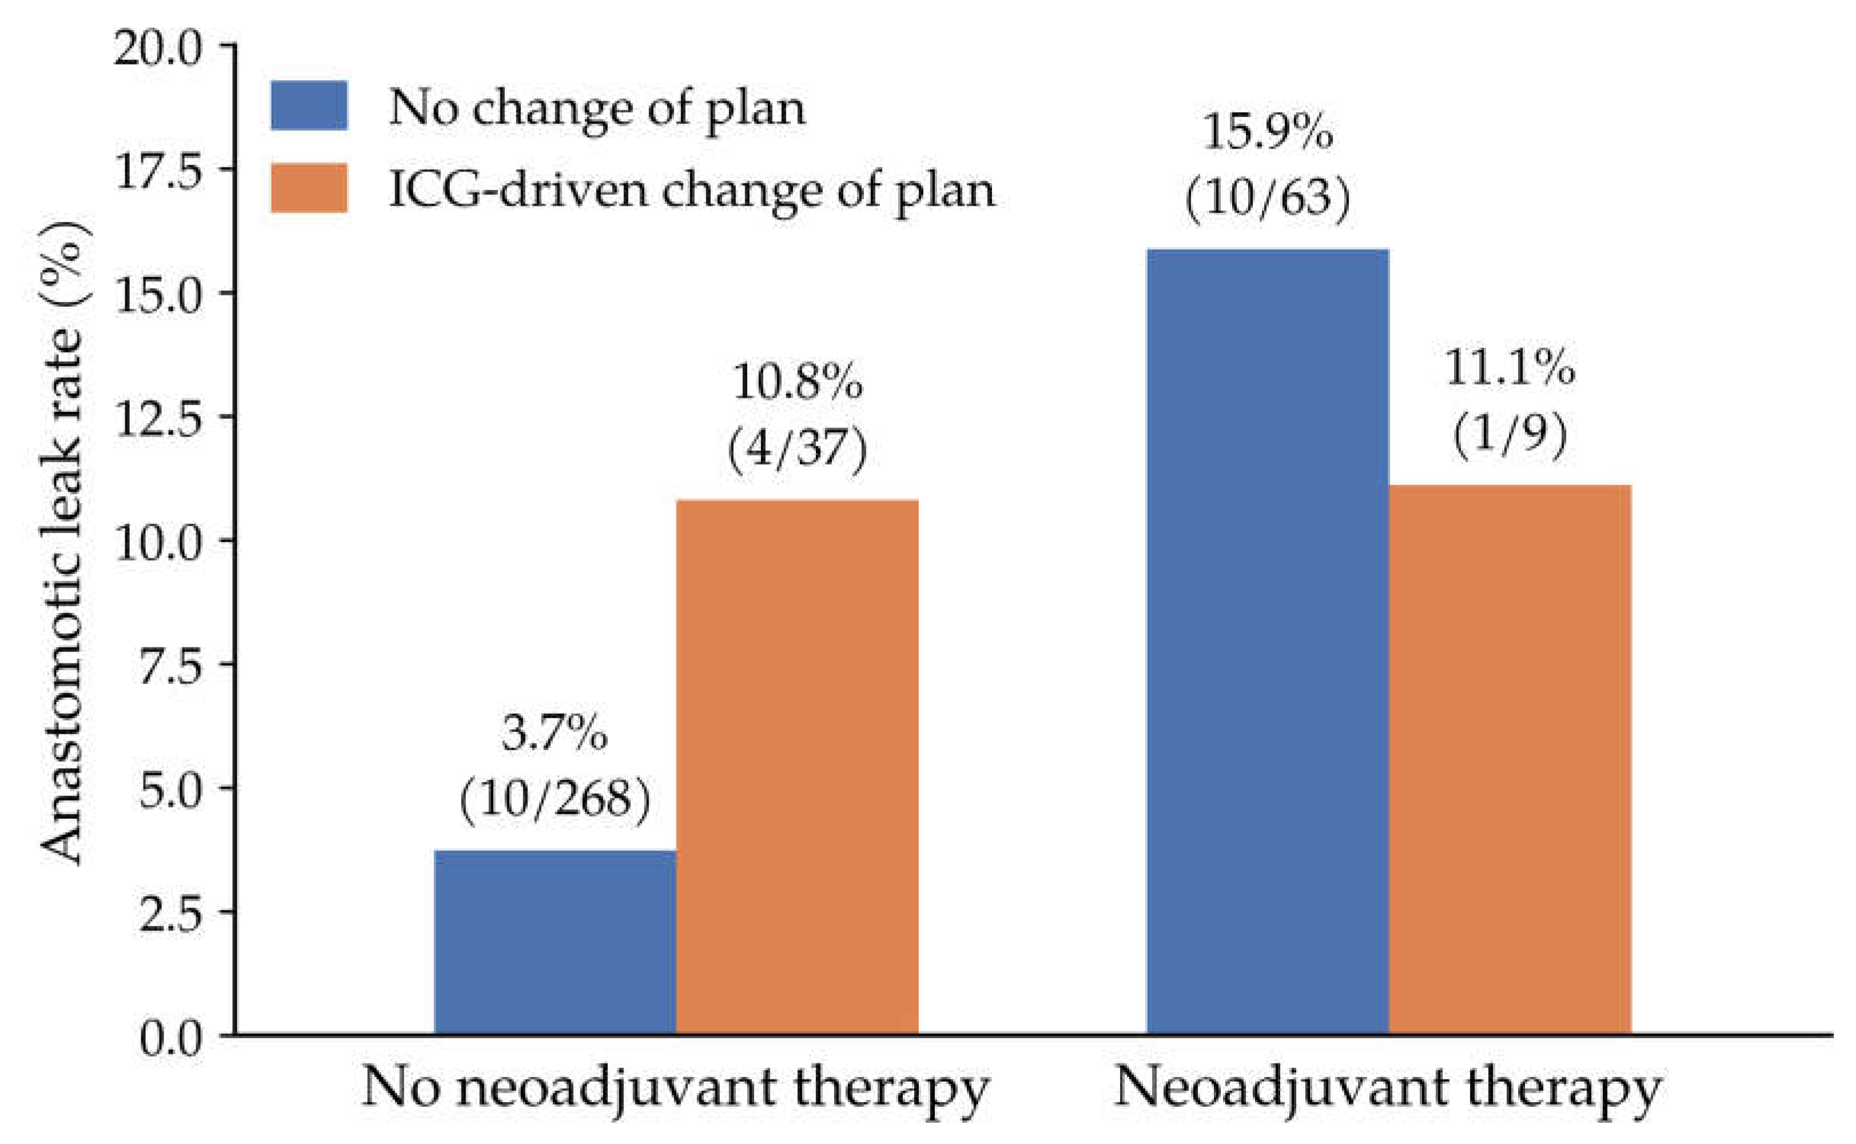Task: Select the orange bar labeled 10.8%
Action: (x=797, y=767)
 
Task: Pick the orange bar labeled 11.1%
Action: (x=1510, y=759)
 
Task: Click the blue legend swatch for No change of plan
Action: (x=309, y=105)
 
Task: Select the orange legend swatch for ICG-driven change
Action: (x=309, y=187)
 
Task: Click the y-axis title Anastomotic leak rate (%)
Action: (x=62, y=542)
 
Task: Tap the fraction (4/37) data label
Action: (x=797, y=449)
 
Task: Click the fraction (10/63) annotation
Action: (x=1268, y=198)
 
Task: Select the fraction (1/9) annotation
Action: (x=1510, y=434)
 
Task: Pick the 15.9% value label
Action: (x=1268, y=133)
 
